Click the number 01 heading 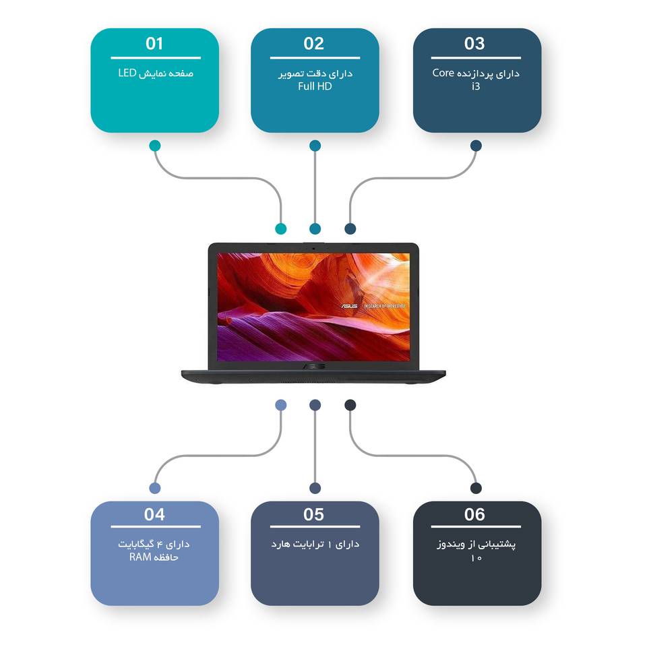coord(154,43)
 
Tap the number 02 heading coord(313,43)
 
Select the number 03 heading coord(474,43)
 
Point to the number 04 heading coord(154,514)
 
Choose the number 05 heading coord(313,514)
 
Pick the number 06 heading coord(474,514)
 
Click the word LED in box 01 coord(127,73)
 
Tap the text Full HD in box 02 coord(315,86)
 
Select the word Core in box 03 coord(443,73)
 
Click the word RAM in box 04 coord(140,557)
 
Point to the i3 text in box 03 coord(476,86)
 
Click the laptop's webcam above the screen coord(313,249)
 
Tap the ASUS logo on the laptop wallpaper coord(350,306)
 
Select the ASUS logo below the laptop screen coord(313,366)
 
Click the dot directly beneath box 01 coord(155,146)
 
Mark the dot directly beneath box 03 coord(476,146)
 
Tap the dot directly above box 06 coord(476,488)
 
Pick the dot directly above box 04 coord(155,488)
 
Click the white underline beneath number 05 coord(315,526)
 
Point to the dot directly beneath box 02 coord(315,146)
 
